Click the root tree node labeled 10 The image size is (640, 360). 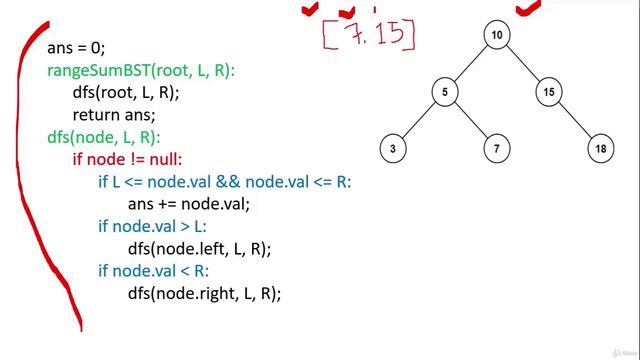pos(497,36)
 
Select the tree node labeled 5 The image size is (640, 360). pos(444,93)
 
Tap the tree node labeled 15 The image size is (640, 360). pos(548,93)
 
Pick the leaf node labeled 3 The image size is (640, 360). pos(393,149)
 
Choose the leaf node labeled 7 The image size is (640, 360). pos(497,149)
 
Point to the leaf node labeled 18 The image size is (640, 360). pos(600,149)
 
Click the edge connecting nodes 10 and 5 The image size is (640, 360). pos(471,64)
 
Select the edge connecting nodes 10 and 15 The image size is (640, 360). pos(522,64)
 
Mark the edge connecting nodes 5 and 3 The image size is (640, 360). pos(419,121)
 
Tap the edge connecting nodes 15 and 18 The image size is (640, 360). pos(574,121)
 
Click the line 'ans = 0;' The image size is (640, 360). pos(76,48)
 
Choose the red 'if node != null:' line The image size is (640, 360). pos(128,159)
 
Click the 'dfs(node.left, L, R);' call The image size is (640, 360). pos(199,248)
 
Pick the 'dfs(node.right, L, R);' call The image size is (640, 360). pos(204,293)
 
